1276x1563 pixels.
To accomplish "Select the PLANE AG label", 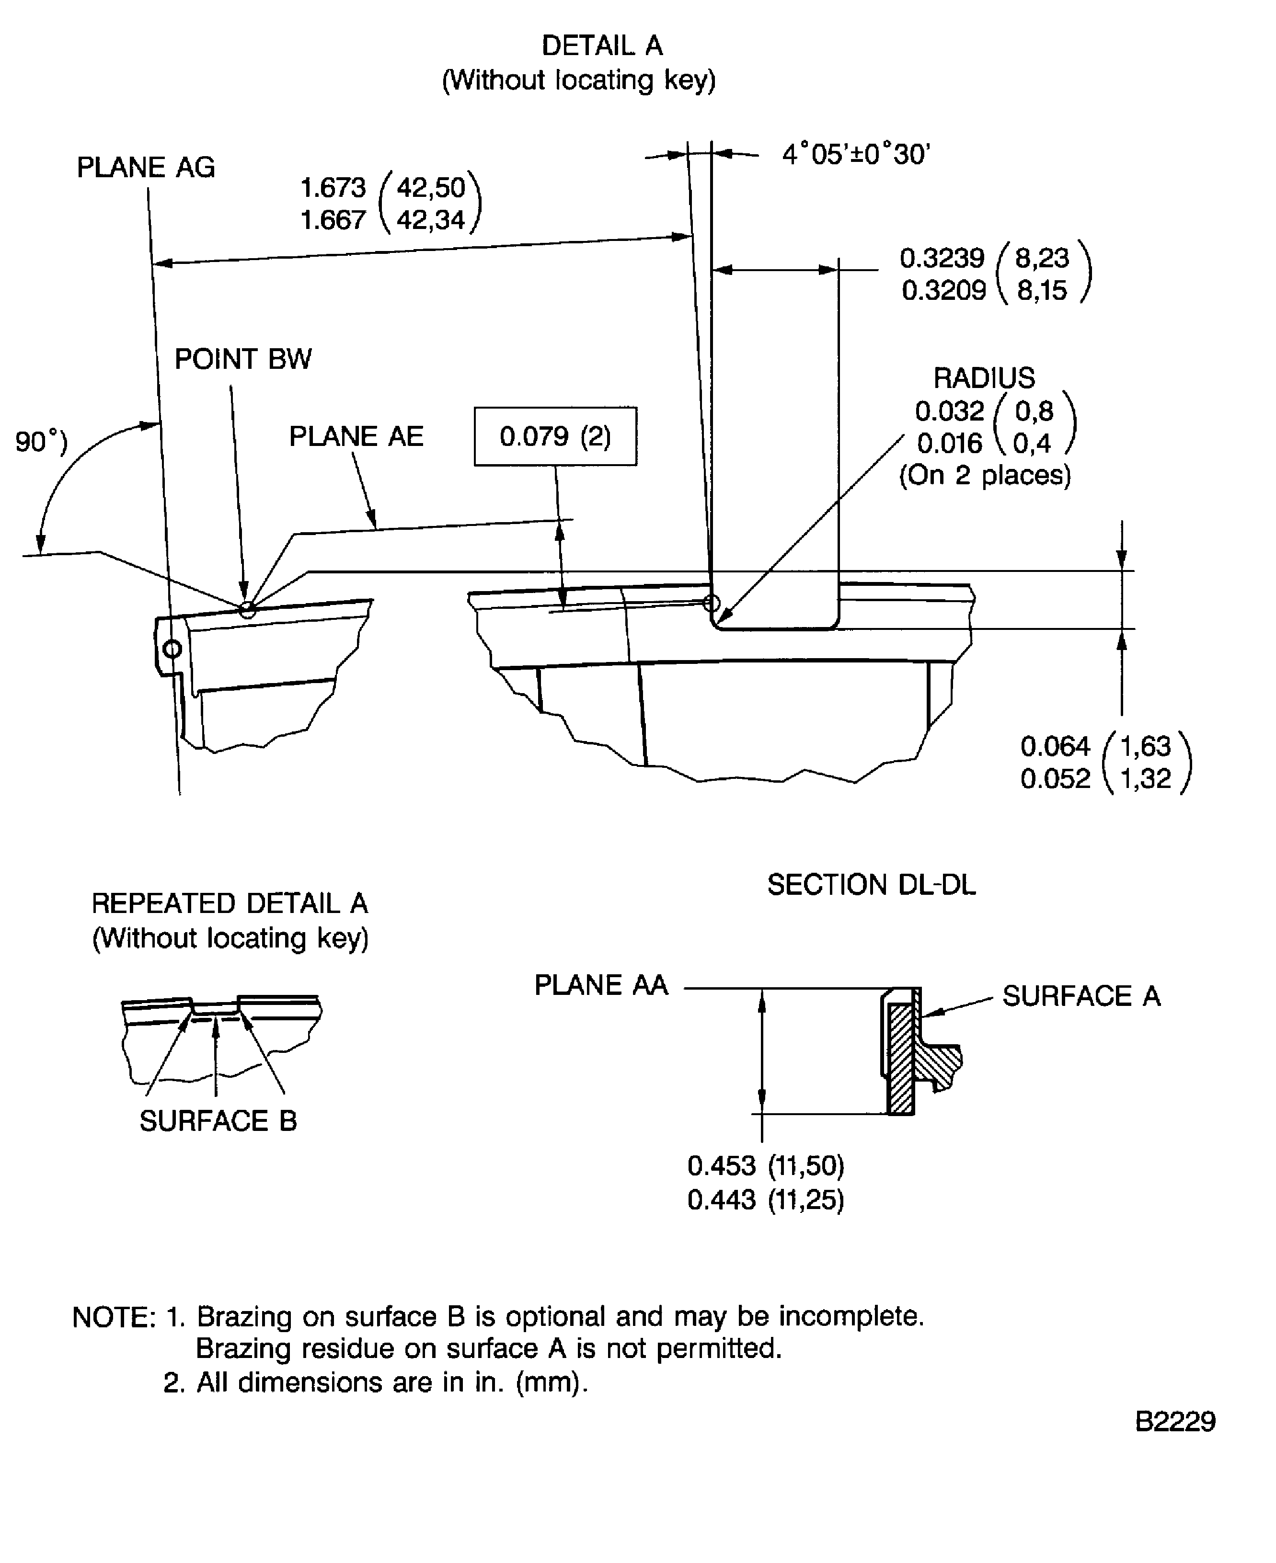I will coord(146,168).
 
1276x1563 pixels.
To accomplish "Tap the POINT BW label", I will coord(242,359).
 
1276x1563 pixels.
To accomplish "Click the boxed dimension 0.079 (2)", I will coord(555,436).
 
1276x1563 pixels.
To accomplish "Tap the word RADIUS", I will coord(983,378).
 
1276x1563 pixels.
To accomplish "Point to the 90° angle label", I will coord(40,443).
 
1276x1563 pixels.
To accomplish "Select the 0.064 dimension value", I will coord(1055,747).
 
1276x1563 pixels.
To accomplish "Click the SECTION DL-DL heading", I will coord(871,885).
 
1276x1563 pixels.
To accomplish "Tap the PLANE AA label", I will coord(600,985).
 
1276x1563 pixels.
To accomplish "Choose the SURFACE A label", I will coord(1081,996).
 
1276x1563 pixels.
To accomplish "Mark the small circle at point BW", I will coord(248,609).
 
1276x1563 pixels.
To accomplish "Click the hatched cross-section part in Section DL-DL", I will coord(900,1058).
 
